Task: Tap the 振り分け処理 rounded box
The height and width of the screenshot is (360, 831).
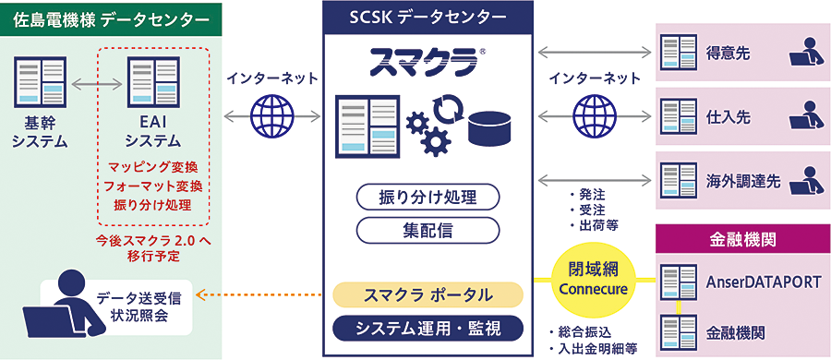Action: coord(428,197)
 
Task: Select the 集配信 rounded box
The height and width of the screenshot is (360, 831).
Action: coord(428,228)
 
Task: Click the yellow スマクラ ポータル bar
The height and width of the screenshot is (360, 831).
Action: coord(428,295)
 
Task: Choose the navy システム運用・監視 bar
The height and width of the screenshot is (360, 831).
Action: coord(428,328)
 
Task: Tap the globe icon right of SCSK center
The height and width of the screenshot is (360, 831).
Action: coord(592,116)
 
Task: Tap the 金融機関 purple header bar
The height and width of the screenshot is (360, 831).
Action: coord(743,240)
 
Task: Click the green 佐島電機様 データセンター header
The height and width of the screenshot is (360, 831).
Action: coord(105,17)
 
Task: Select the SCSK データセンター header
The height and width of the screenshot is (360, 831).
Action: coord(428,17)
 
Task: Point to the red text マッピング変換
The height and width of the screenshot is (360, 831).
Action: coord(153,168)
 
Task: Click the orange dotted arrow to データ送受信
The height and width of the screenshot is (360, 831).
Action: coord(264,295)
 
